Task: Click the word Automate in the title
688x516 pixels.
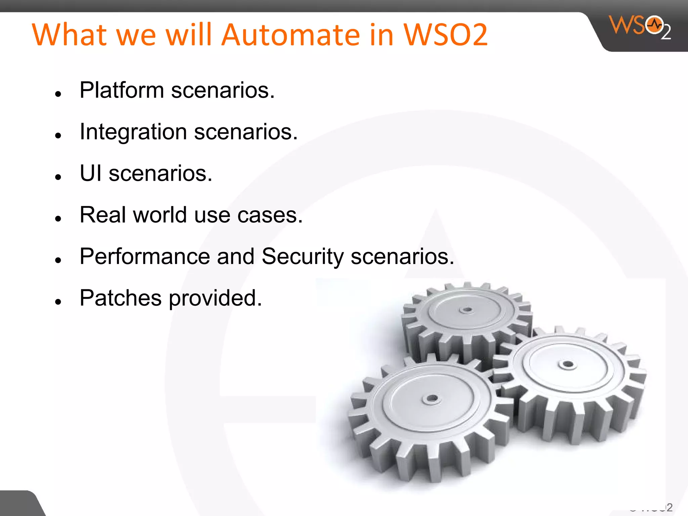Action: tap(291, 35)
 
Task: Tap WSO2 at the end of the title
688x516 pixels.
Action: tap(445, 35)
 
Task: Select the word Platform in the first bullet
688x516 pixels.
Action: tap(122, 91)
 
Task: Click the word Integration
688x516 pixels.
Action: tap(133, 132)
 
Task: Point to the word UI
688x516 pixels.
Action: tap(90, 174)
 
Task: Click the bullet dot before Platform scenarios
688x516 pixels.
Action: tap(58, 94)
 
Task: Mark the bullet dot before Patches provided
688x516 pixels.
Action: tap(58, 302)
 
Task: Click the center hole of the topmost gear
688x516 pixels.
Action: tap(467, 309)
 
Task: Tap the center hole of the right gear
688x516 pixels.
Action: tap(568, 364)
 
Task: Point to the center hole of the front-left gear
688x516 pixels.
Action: tap(432, 399)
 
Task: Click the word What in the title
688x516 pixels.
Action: tap(69, 35)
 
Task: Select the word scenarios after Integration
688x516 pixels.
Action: tap(246, 132)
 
